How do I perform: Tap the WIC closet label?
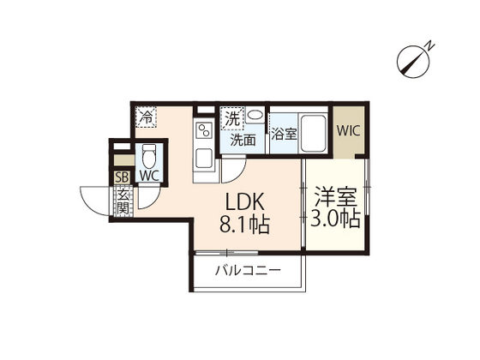(348, 131)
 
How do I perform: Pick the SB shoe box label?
(122, 177)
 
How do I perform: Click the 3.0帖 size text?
(334, 219)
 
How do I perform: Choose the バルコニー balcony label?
(248, 271)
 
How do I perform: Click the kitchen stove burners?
(205, 130)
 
